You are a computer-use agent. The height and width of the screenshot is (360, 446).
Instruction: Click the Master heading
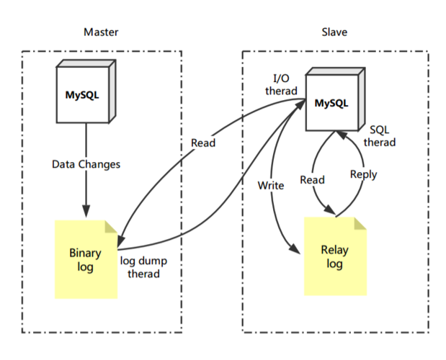(x=101, y=32)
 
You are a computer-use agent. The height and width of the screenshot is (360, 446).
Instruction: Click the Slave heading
(x=335, y=32)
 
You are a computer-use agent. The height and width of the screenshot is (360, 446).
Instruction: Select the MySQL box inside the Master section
(x=84, y=93)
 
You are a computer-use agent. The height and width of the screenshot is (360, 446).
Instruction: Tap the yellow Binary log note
(x=86, y=260)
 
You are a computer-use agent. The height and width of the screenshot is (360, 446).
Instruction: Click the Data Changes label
(x=86, y=164)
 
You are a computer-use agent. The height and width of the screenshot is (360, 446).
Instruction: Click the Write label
(x=271, y=185)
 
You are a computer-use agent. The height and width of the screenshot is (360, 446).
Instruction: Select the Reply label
(x=363, y=174)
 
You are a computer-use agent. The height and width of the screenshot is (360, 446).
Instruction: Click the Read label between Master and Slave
(x=202, y=143)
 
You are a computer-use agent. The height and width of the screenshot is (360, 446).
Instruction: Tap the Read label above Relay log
(x=312, y=179)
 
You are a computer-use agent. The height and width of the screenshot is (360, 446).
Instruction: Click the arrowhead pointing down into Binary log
(x=86, y=213)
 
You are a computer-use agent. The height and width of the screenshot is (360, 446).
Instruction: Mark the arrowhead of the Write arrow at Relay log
(x=295, y=248)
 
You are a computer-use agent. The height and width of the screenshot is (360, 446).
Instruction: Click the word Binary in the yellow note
(x=85, y=253)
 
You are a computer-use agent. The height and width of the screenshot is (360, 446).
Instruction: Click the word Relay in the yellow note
(x=334, y=251)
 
